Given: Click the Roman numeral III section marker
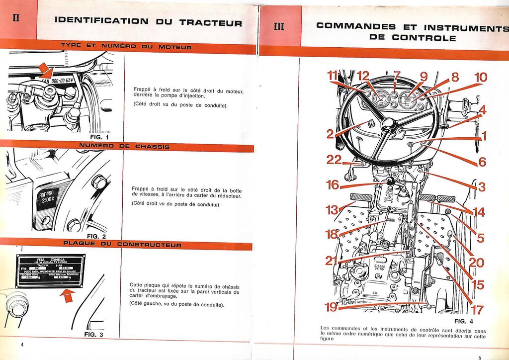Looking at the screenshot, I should tap(279, 26).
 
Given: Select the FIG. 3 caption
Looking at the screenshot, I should tap(94, 335).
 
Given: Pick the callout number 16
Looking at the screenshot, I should tap(333, 185).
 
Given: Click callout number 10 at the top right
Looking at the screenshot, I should tap(481, 78).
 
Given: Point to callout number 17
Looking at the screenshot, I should tap(477, 310).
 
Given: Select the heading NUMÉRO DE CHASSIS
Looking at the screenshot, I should tap(124, 147).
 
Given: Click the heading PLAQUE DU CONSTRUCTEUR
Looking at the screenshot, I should tap(122, 245).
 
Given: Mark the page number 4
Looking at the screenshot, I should tap(22, 345).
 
